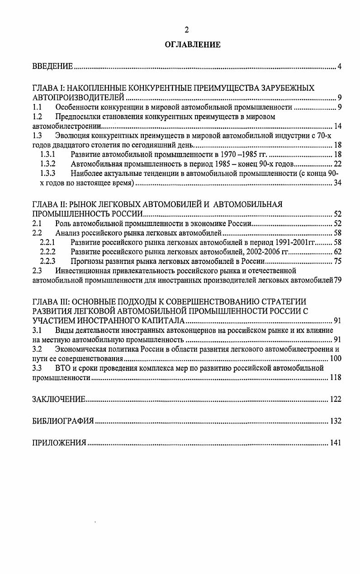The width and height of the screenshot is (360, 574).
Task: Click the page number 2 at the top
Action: coord(186,30)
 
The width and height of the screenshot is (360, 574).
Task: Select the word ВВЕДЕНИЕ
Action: coord(53,67)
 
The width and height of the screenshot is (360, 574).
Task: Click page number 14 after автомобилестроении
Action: coord(337,126)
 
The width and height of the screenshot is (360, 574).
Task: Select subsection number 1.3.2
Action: coord(47,164)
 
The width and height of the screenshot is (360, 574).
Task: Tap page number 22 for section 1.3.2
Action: coord(337,164)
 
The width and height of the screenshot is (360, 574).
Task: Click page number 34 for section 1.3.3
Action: coord(337,183)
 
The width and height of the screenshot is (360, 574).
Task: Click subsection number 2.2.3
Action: coord(47,261)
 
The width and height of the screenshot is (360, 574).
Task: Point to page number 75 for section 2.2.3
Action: coord(337,261)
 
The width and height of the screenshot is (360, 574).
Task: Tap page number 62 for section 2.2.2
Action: coord(337,252)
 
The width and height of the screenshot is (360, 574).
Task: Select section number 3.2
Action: coord(37,349)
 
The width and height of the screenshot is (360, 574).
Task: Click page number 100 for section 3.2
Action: coord(335,359)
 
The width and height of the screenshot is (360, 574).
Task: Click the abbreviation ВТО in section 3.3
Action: coord(63,368)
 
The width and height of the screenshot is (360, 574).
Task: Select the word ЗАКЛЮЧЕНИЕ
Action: coord(59,399)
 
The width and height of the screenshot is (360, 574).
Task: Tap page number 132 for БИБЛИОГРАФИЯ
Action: coord(335,421)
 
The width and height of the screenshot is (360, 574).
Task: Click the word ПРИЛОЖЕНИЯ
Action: coord(59,443)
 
